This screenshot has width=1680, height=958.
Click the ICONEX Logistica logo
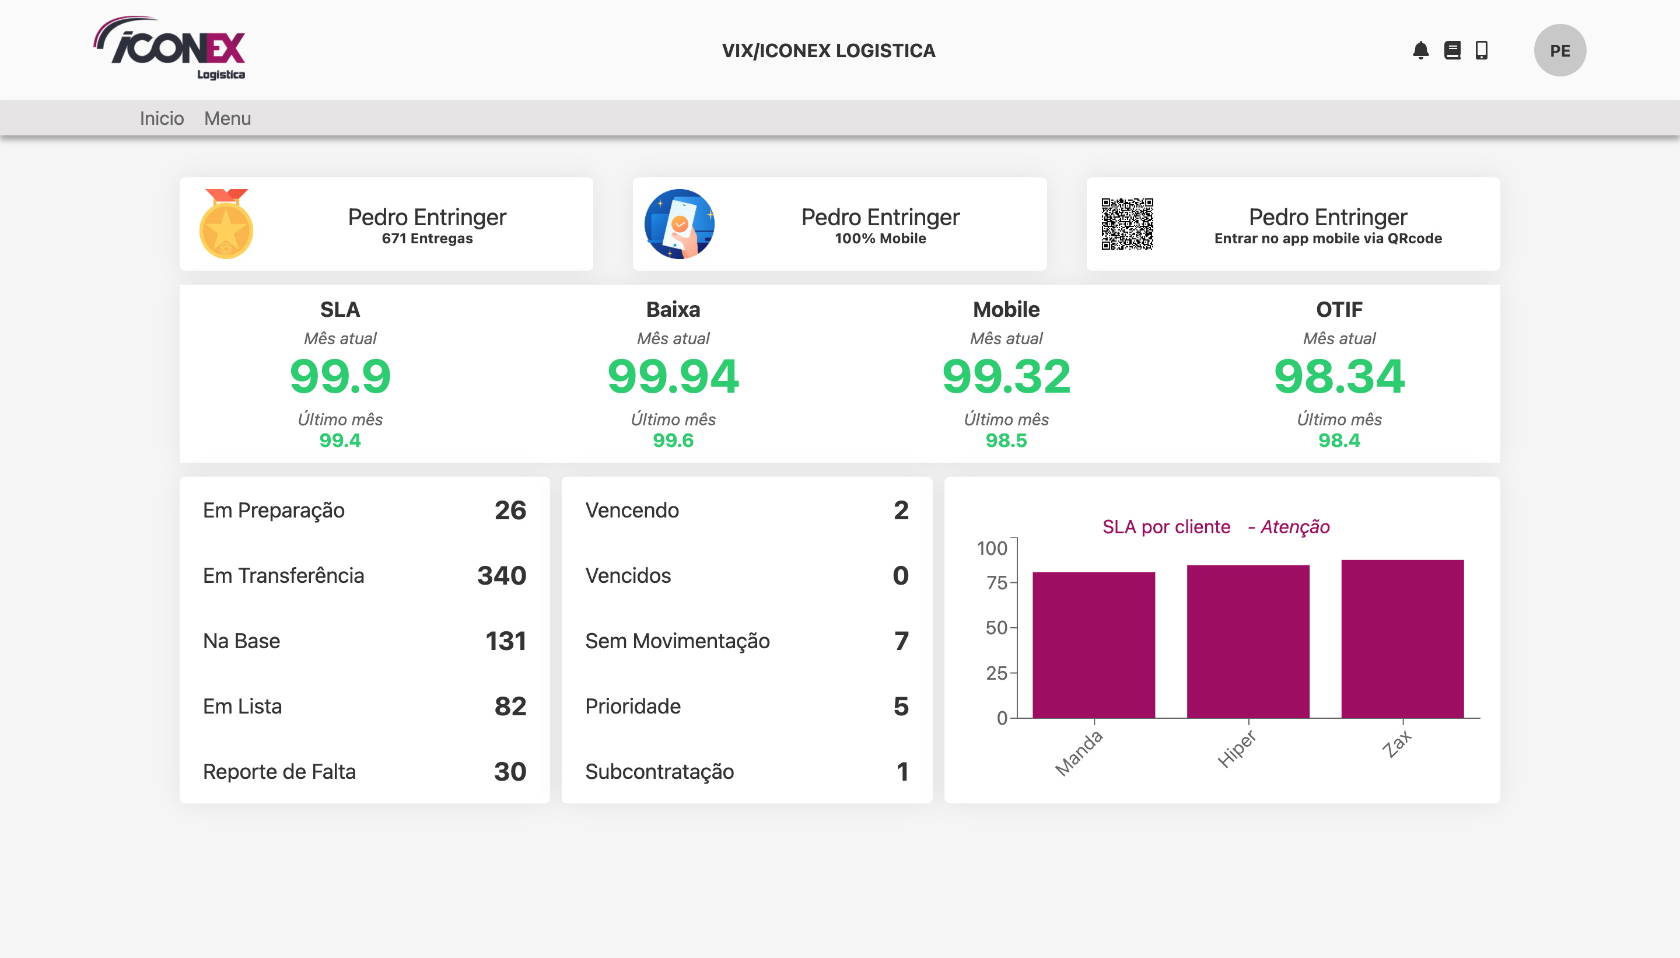point(170,48)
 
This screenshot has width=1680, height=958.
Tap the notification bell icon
point(1420,51)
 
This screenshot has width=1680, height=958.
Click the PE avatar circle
point(1560,51)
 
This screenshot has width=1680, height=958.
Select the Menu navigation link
point(228,118)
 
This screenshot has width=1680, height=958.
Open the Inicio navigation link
point(162,118)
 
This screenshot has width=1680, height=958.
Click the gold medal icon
point(226,223)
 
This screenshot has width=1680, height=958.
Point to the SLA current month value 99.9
point(340,376)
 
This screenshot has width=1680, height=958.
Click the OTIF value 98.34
point(1339,376)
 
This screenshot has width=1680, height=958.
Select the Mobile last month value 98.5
point(1006,440)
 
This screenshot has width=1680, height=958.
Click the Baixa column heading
point(673,309)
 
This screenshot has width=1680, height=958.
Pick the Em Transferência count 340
point(502,576)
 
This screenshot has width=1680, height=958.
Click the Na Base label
point(242,641)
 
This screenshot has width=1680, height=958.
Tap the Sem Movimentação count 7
point(901,641)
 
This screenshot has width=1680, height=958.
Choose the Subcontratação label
point(660,772)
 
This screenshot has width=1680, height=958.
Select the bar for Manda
point(1094,645)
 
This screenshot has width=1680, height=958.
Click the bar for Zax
point(1402,639)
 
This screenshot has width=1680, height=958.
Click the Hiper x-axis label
point(1237,749)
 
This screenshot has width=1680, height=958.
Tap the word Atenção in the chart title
point(1295,527)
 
